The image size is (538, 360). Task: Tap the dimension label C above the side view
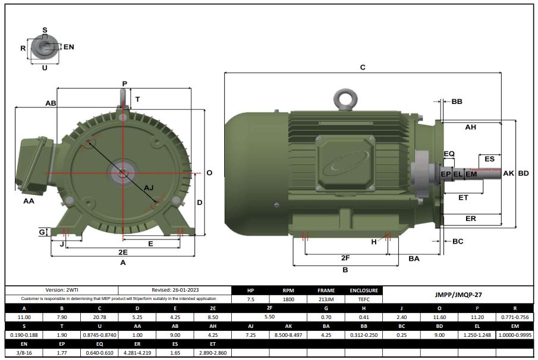(x=363, y=68)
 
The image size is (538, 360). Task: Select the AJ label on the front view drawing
(x=149, y=188)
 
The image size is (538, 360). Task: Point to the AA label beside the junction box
(x=29, y=201)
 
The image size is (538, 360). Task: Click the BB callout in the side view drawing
(x=457, y=102)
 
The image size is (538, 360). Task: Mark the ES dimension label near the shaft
(x=489, y=159)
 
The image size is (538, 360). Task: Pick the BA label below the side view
(x=414, y=258)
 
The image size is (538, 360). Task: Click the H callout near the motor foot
(x=374, y=242)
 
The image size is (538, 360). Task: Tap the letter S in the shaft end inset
(x=45, y=30)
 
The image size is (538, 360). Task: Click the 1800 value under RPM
(x=289, y=299)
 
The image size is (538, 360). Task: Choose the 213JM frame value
(x=326, y=299)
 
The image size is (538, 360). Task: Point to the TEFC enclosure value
(x=363, y=299)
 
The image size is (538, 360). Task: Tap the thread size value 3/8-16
(x=24, y=353)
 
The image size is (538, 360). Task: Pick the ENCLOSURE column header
(x=363, y=290)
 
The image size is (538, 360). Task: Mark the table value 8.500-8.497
(x=288, y=335)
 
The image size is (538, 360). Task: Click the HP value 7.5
(x=250, y=299)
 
